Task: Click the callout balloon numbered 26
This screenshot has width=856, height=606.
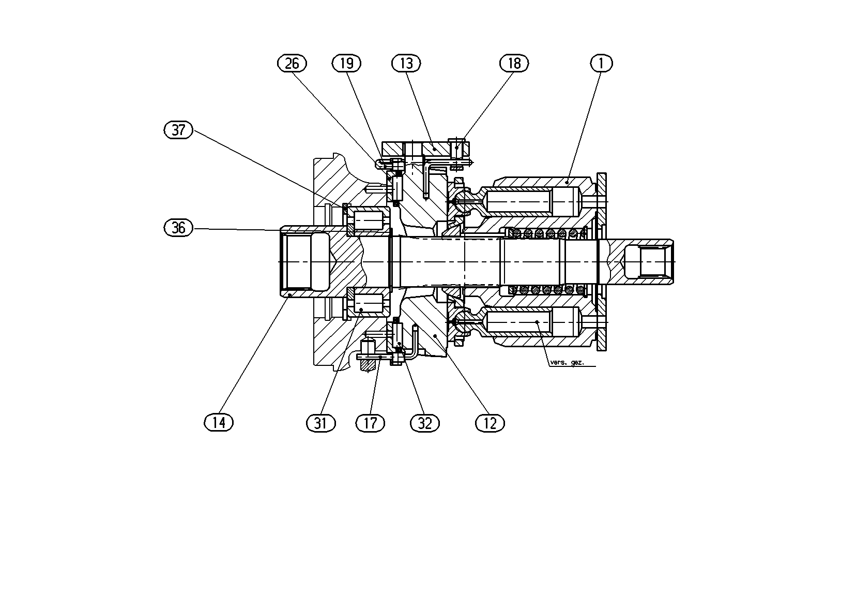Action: pyautogui.click(x=292, y=63)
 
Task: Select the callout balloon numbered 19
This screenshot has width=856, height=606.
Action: pyautogui.click(x=347, y=63)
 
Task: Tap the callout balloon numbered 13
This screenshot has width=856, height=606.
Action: pyautogui.click(x=406, y=63)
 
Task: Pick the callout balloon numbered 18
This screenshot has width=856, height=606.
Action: pyautogui.click(x=514, y=63)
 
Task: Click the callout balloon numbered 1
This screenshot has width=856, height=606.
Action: pyautogui.click(x=602, y=63)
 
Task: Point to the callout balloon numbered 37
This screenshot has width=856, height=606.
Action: pyautogui.click(x=178, y=130)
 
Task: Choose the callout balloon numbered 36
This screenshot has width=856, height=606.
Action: pyautogui.click(x=178, y=228)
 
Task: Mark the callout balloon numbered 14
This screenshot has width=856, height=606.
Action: pyautogui.click(x=219, y=423)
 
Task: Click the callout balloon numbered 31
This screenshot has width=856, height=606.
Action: pyautogui.click(x=321, y=423)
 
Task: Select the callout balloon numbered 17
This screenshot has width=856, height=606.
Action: pyautogui.click(x=370, y=423)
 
